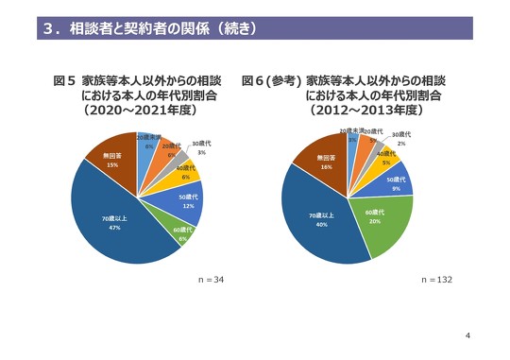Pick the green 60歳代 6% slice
[181, 233]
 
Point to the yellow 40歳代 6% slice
[185, 172]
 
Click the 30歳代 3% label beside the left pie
[201, 147]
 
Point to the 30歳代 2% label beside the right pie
[401, 139]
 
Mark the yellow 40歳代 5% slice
[386, 158]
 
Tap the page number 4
[469, 335]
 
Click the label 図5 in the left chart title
[64, 82]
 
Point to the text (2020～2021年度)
[137, 111]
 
